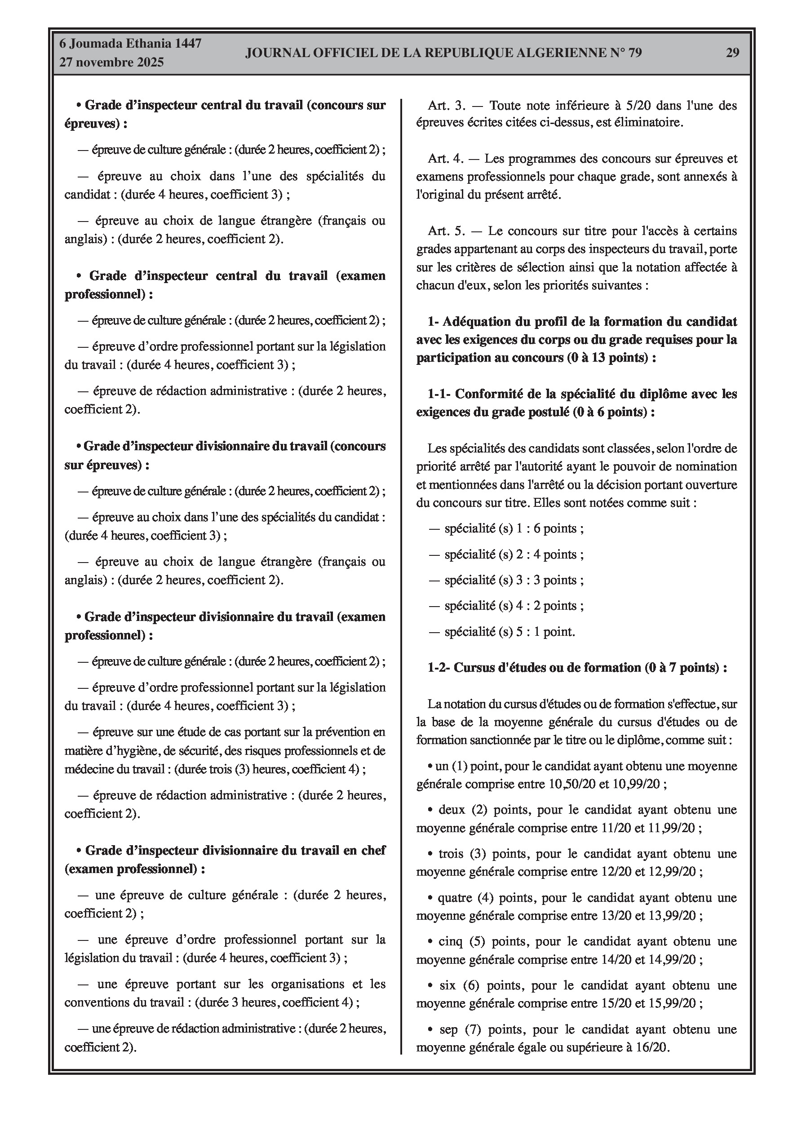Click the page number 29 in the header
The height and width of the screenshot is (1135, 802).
(732, 53)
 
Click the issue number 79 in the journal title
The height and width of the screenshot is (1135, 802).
(634, 53)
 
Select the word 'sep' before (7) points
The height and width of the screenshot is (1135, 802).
(448, 1030)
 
